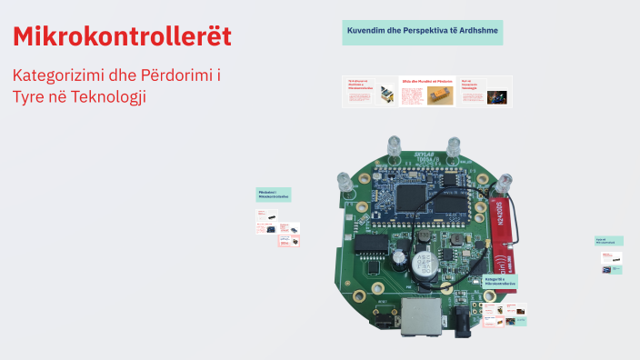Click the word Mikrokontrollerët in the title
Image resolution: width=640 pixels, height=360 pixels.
(122, 36)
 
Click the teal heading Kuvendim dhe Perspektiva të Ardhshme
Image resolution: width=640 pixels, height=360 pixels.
(423, 32)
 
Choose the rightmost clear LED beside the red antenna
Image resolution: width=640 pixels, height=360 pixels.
(502, 182)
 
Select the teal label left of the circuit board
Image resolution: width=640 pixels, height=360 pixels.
(274, 195)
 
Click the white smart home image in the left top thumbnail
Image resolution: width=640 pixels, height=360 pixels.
(386, 95)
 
